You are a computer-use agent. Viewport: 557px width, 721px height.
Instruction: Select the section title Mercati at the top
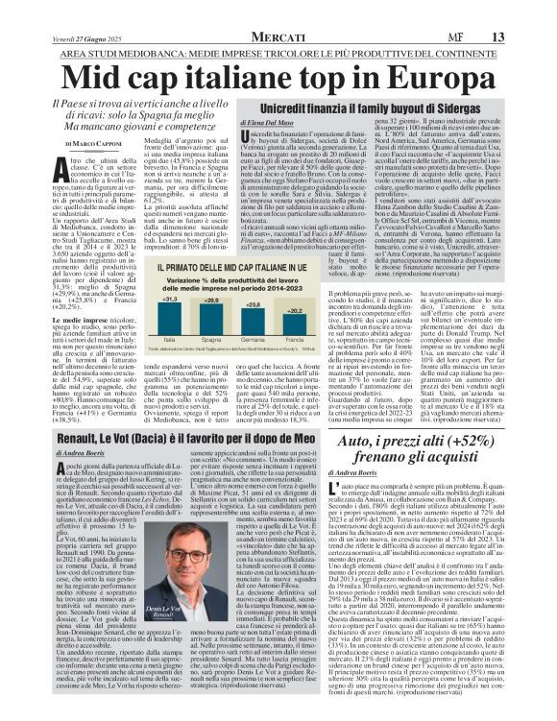pos(278,10)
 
